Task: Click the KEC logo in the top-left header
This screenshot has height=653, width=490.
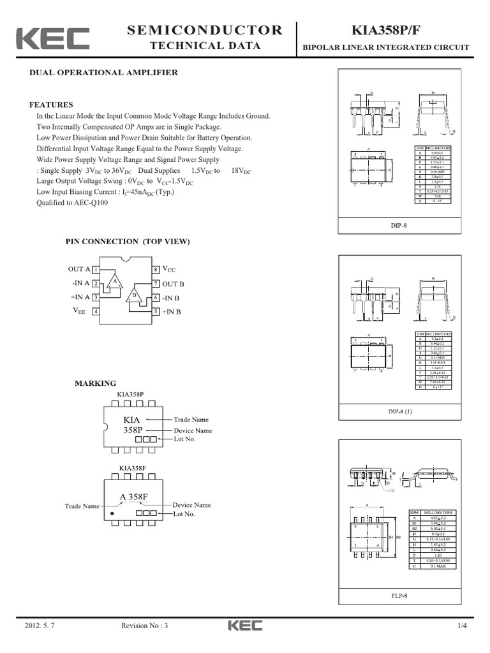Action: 52,38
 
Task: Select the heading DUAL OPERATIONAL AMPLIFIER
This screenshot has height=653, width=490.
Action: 104,73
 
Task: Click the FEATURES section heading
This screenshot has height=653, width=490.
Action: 51,105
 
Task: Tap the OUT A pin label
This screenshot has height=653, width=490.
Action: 79,270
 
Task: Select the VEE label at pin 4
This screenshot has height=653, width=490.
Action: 79,311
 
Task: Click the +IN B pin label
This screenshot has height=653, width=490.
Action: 172,312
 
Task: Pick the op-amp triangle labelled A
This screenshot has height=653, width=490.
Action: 115,281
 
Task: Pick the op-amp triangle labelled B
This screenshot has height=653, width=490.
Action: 134,295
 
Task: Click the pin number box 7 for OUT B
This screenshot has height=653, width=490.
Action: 155,283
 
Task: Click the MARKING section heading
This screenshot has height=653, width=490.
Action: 96,383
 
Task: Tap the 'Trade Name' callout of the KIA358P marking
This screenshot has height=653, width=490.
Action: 191,420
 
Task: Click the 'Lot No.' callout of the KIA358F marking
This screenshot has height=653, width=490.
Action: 184,513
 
